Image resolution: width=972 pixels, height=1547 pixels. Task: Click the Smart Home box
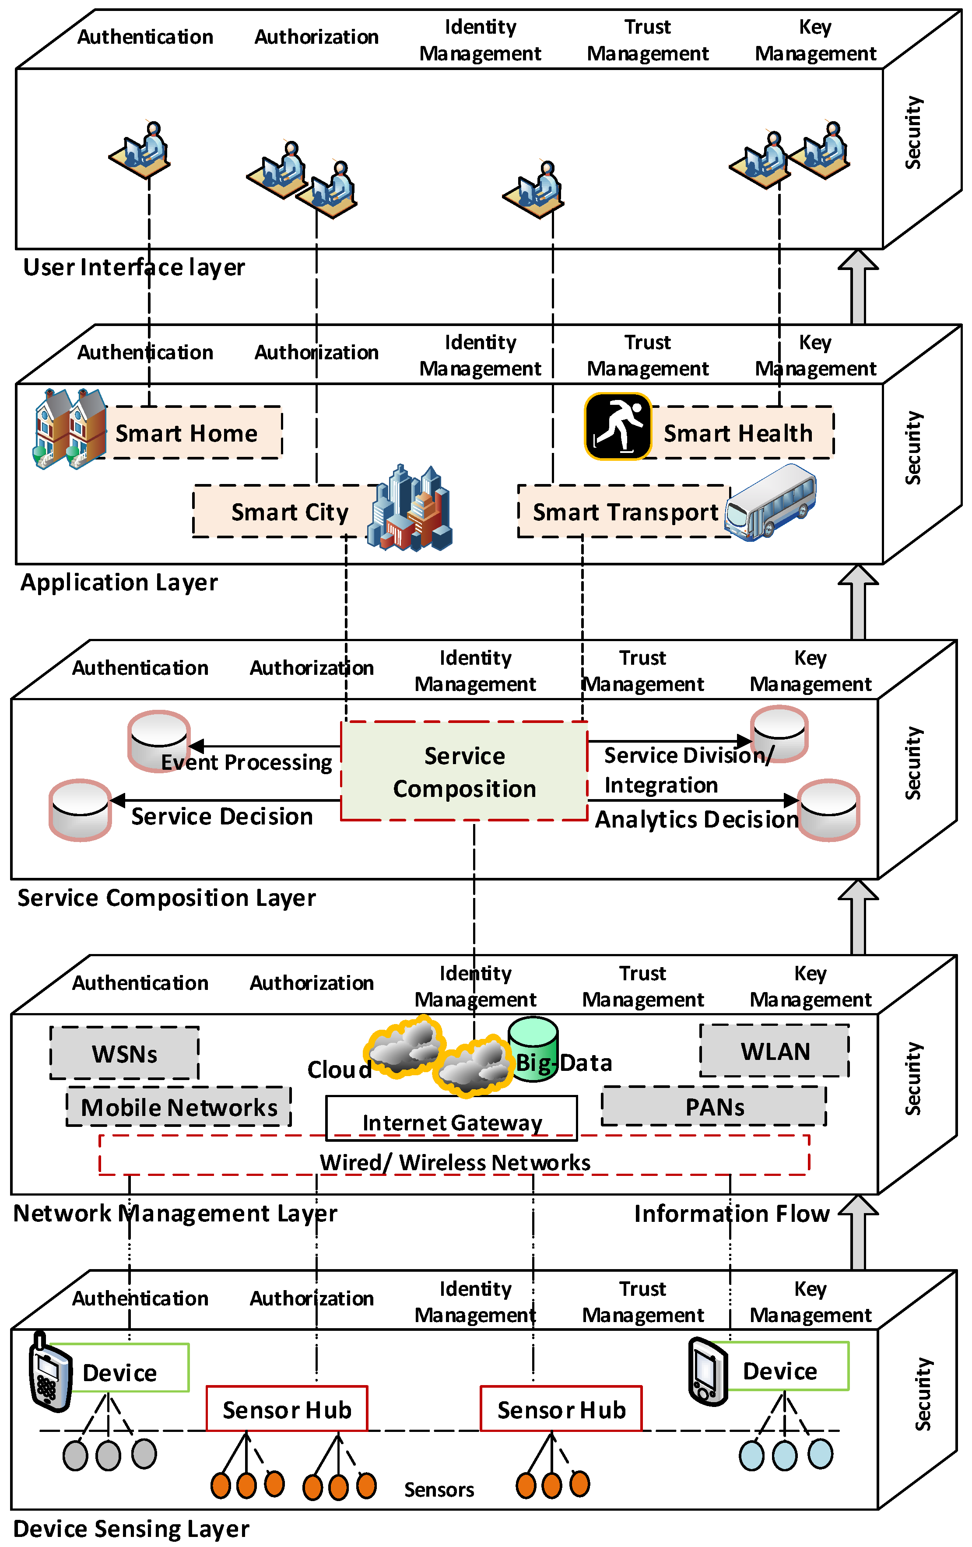pyautogui.click(x=186, y=433)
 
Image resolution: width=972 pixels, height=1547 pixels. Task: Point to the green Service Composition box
pyautogui.click(x=464, y=772)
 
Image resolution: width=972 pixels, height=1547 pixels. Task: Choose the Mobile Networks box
pyautogui.click(x=179, y=1107)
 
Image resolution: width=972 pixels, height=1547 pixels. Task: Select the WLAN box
pyautogui.click(x=775, y=1051)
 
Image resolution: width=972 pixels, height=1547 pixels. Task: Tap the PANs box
pyautogui.click(x=714, y=1107)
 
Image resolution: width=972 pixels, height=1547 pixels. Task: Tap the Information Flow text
pyautogui.click(x=732, y=1214)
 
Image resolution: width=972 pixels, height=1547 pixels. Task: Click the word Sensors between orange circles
pyautogui.click(x=439, y=1490)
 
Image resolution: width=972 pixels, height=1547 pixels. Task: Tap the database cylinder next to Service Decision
pyautogui.click(x=80, y=810)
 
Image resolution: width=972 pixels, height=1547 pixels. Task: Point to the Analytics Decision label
pyautogui.click(x=696, y=820)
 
